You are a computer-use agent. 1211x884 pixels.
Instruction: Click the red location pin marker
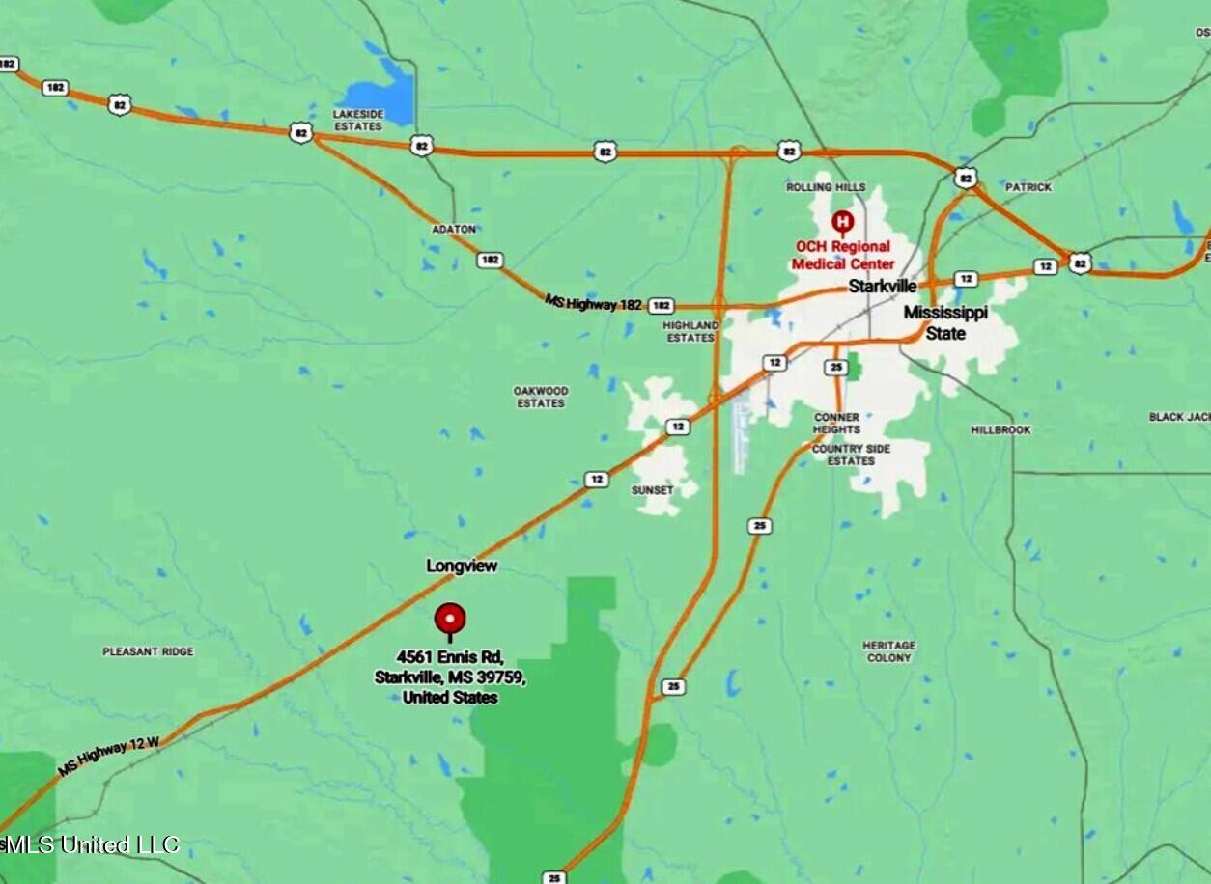click(450, 619)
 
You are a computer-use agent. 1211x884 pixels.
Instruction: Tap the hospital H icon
click(842, 222)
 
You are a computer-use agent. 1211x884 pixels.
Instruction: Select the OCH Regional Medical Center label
click(843, 256)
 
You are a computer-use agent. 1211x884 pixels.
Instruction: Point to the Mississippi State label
click(945, 323)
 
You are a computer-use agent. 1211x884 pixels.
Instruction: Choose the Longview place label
click(462, 566)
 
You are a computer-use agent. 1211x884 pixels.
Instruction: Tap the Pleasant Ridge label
click(148, 651)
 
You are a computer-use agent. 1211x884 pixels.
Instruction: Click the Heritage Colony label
click(888, 651)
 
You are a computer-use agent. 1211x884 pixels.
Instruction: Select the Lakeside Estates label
click(357, 120)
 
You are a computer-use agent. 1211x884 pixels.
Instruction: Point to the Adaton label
click(454, 229)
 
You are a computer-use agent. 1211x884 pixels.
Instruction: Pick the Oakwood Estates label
click(541, 397)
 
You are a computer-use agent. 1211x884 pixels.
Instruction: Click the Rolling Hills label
click(826, 186)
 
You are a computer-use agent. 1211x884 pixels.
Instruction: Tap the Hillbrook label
click(1000, 429)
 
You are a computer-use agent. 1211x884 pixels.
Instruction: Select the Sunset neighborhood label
click(652, 490)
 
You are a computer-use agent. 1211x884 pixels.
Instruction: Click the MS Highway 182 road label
click(593, 303)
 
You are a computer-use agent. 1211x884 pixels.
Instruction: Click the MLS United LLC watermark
click(91, 845)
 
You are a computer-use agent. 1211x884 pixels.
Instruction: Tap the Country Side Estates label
click(851, 455)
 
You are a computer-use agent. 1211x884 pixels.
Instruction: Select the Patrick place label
click(1028, 186)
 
